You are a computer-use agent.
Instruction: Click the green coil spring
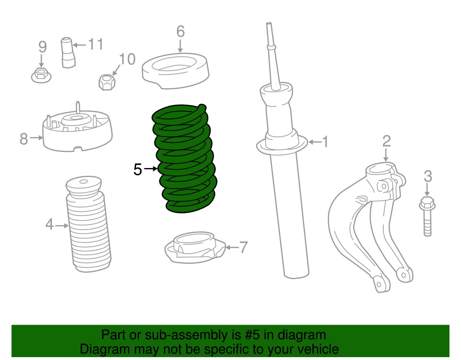coord(184,159)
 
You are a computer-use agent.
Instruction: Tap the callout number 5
coord(138,169)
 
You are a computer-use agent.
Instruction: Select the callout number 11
coord(95,44)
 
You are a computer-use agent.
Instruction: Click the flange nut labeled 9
coord(41,75)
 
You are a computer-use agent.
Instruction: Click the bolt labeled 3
coord(428,216)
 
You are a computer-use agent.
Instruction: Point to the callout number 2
coord(386,141)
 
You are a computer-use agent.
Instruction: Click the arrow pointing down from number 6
coord(180,46)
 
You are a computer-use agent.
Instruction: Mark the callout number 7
coord(243,247)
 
